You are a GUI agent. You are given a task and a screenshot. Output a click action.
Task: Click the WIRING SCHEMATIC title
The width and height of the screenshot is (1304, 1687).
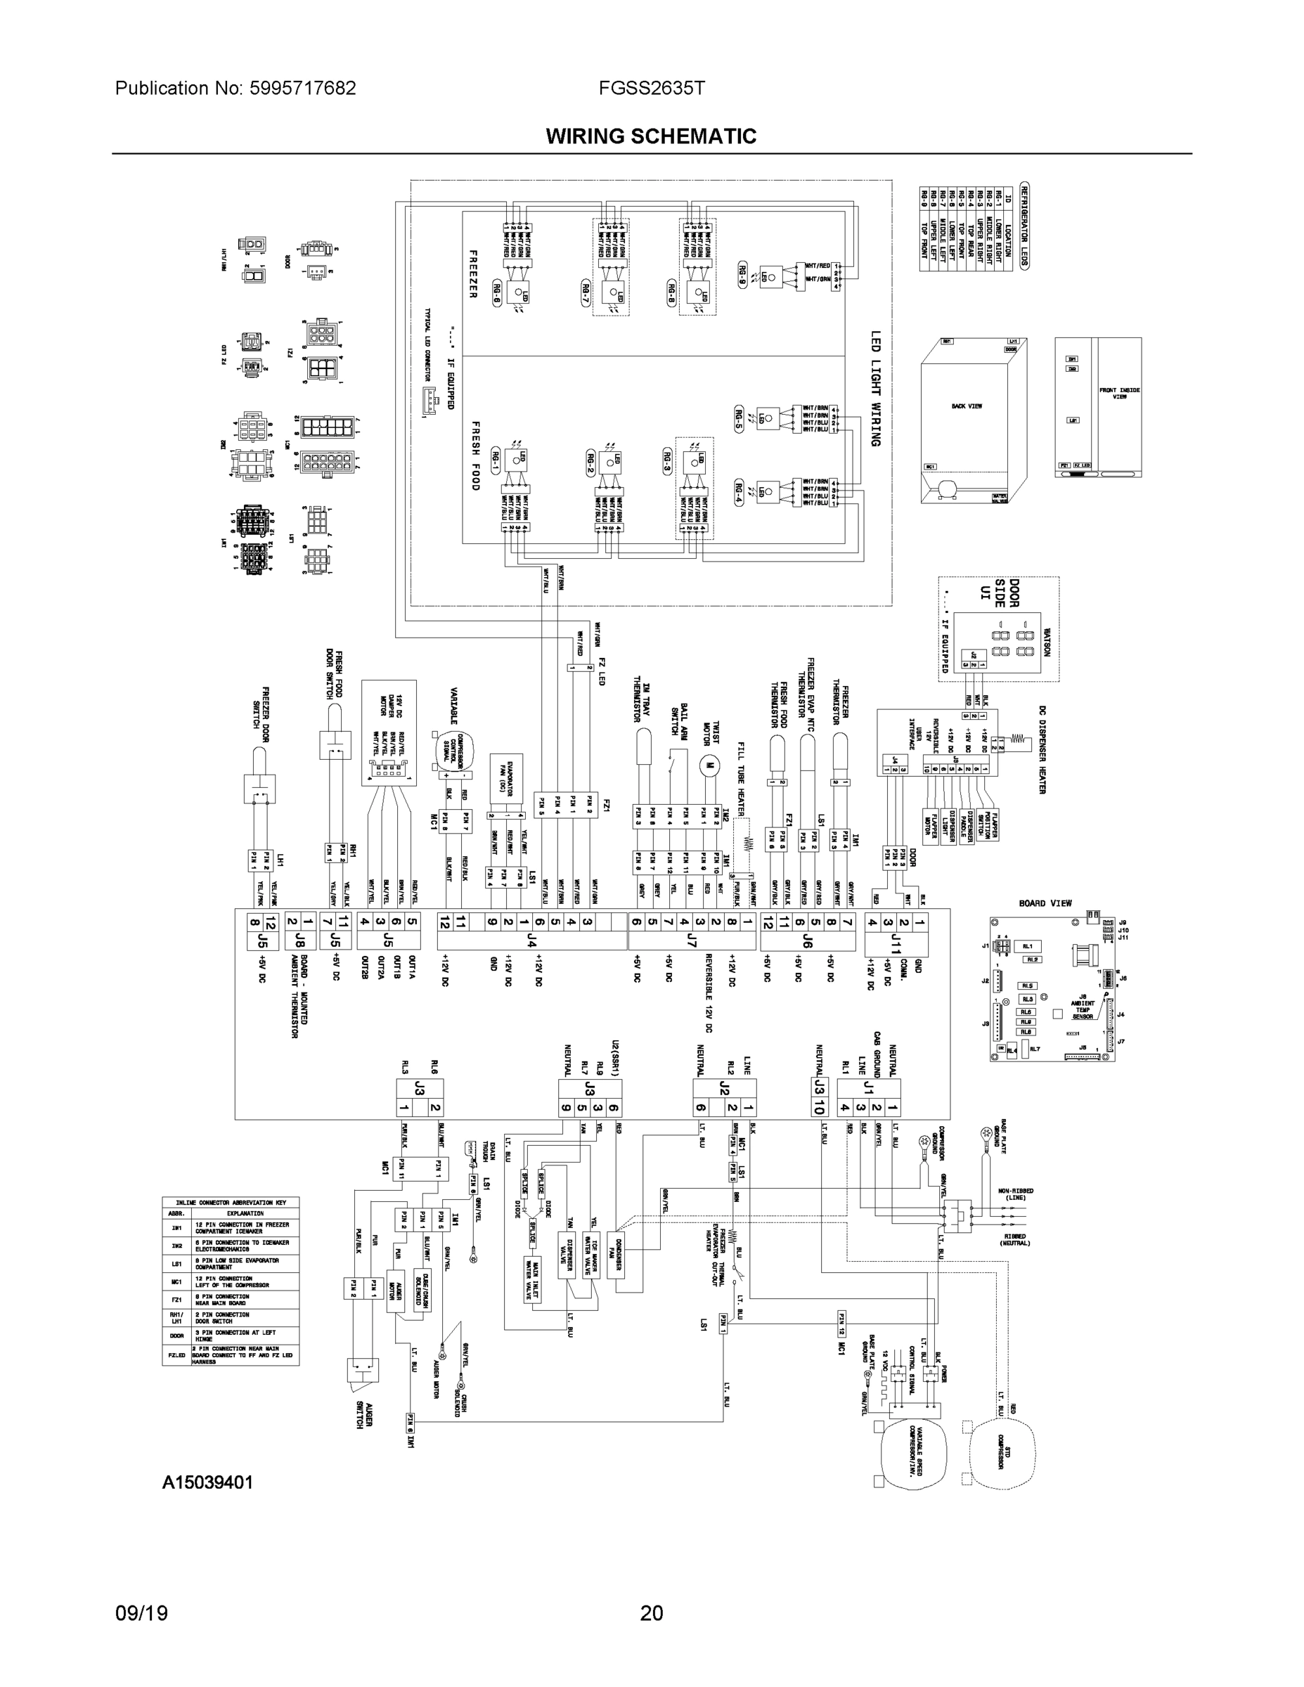tap(650, 137)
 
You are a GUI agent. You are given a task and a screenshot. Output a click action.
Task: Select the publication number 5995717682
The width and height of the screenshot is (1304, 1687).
tap(303, 88)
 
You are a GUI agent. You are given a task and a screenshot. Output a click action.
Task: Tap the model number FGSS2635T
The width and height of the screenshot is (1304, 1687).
tap(650, 88)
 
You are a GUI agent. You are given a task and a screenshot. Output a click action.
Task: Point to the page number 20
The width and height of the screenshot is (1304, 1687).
tap(651, 1614)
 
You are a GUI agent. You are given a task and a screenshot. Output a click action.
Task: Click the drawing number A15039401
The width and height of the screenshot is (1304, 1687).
tap(207, 1483)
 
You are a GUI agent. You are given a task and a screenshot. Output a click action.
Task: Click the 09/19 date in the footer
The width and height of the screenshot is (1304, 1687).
tap(141, 1614)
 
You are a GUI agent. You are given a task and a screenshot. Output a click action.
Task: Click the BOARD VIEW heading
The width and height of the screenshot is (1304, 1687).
tap(1045, 903)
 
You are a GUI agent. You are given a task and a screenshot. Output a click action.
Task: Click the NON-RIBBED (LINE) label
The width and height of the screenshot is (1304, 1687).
tap(1016, 1194)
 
